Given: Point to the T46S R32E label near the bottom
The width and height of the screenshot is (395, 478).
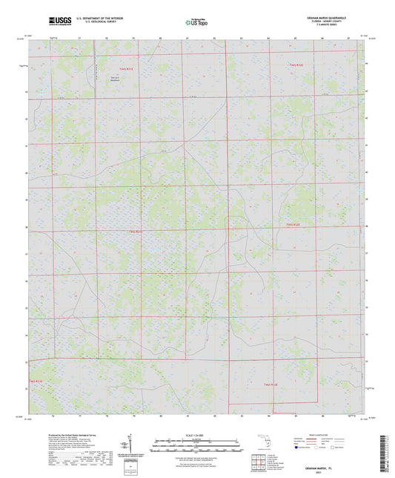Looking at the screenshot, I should [x=271, y=384].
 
